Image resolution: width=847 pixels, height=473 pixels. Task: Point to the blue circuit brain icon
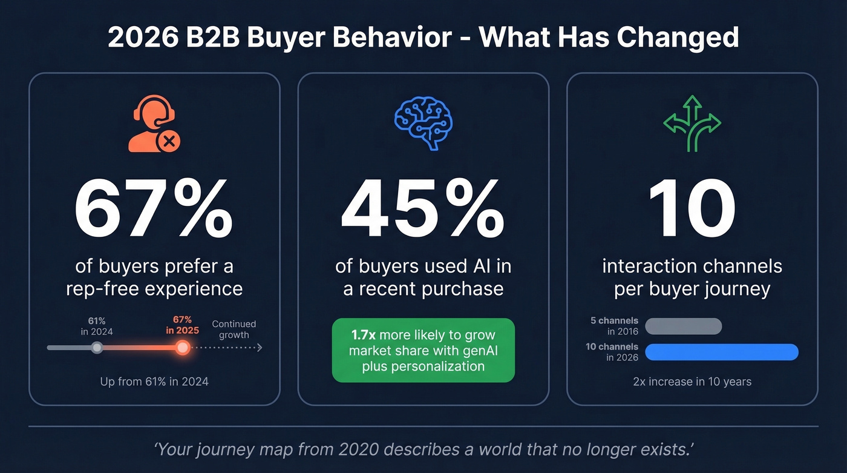click(423, 124)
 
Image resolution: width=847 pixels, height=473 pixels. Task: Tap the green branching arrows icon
click(692, 123)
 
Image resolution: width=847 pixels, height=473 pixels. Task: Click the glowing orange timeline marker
click(182, 348)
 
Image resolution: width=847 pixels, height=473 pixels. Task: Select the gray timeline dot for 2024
click(97, 348)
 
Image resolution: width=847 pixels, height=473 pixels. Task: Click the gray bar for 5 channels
click(684, 326)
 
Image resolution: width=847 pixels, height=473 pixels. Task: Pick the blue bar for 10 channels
click(722, 352)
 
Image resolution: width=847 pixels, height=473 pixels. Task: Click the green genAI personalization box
click(423, 350)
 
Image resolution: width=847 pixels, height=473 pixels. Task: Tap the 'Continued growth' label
click(234, 329)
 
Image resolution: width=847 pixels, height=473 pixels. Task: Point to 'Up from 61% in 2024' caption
click(154, 382)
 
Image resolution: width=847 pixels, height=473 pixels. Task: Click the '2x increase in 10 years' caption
click(692, 382)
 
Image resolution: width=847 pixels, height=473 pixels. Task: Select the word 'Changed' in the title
click(678, 38)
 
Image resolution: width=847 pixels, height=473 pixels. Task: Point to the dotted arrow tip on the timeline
click(260, 348)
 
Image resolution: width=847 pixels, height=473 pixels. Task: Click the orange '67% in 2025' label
click(182, 325)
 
